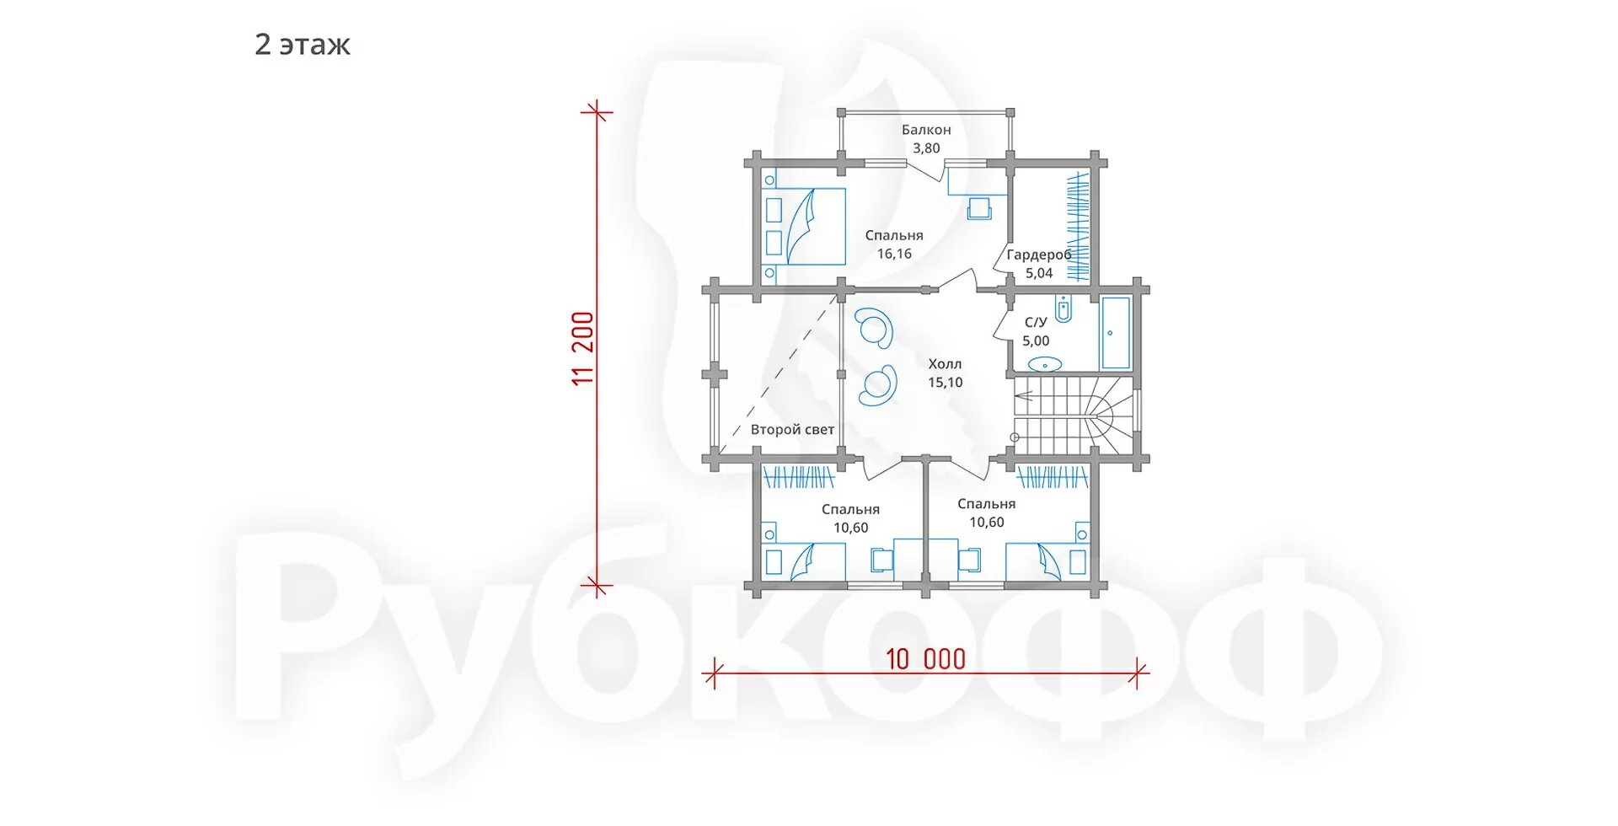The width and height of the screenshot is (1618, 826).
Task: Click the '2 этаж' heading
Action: [302, 45]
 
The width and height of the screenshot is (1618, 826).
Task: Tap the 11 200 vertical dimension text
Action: [583, 348]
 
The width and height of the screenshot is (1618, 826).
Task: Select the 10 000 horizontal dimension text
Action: [925, 659]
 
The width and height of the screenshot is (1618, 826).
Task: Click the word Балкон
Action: [926, 130]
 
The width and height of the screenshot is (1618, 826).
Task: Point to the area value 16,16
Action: [894, 254]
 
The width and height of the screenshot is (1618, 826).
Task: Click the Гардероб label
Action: [1039, 255]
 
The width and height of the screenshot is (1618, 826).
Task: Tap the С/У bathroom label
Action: [1036, 322]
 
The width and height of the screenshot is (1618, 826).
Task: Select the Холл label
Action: [945, 364]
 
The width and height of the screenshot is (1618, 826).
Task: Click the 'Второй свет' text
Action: [792, 430]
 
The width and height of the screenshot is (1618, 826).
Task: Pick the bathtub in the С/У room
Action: [1116, 333]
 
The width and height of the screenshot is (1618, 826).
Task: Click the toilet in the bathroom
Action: [1063, 309]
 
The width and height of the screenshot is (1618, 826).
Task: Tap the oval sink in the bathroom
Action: [1046, 364]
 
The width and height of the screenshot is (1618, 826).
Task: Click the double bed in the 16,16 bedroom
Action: [804, 226]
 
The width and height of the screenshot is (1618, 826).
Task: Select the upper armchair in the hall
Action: [874, 327]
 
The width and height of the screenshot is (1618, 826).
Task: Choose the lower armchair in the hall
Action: [878, 385]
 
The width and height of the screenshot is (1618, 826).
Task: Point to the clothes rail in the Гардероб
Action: [1078, 226]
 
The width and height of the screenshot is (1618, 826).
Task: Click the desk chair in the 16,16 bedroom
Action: [979, 208]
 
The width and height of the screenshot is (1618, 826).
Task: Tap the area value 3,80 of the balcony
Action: [926, 148]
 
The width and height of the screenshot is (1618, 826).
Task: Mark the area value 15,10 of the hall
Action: [945, 383]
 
